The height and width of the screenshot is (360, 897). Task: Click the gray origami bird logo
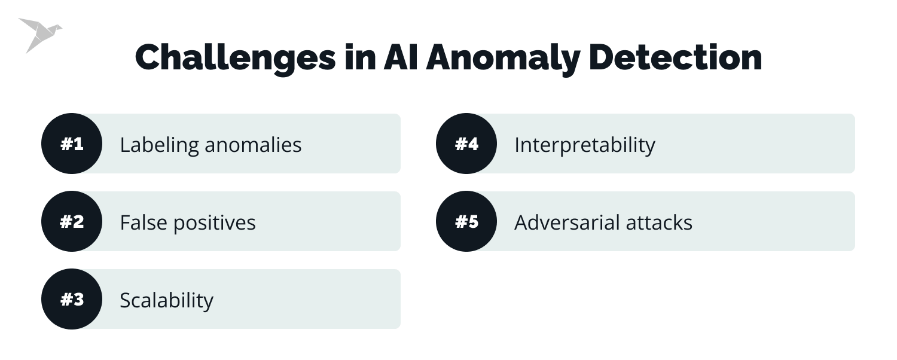[39, 35]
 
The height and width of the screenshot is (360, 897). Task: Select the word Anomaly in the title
[502, 58]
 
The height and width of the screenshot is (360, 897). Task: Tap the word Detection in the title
[675, 58]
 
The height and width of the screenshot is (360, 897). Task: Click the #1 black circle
[72, 144]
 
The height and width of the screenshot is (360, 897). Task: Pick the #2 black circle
[72, 222]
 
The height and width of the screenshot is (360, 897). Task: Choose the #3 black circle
[72, 299]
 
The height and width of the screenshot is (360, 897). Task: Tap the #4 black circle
[466, 144]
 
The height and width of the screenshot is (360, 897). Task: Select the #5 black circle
[466, 222]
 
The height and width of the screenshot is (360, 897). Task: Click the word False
[144, 222]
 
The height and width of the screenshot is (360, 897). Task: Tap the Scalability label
[166, 300]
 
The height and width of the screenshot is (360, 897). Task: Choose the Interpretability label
[584, 145]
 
